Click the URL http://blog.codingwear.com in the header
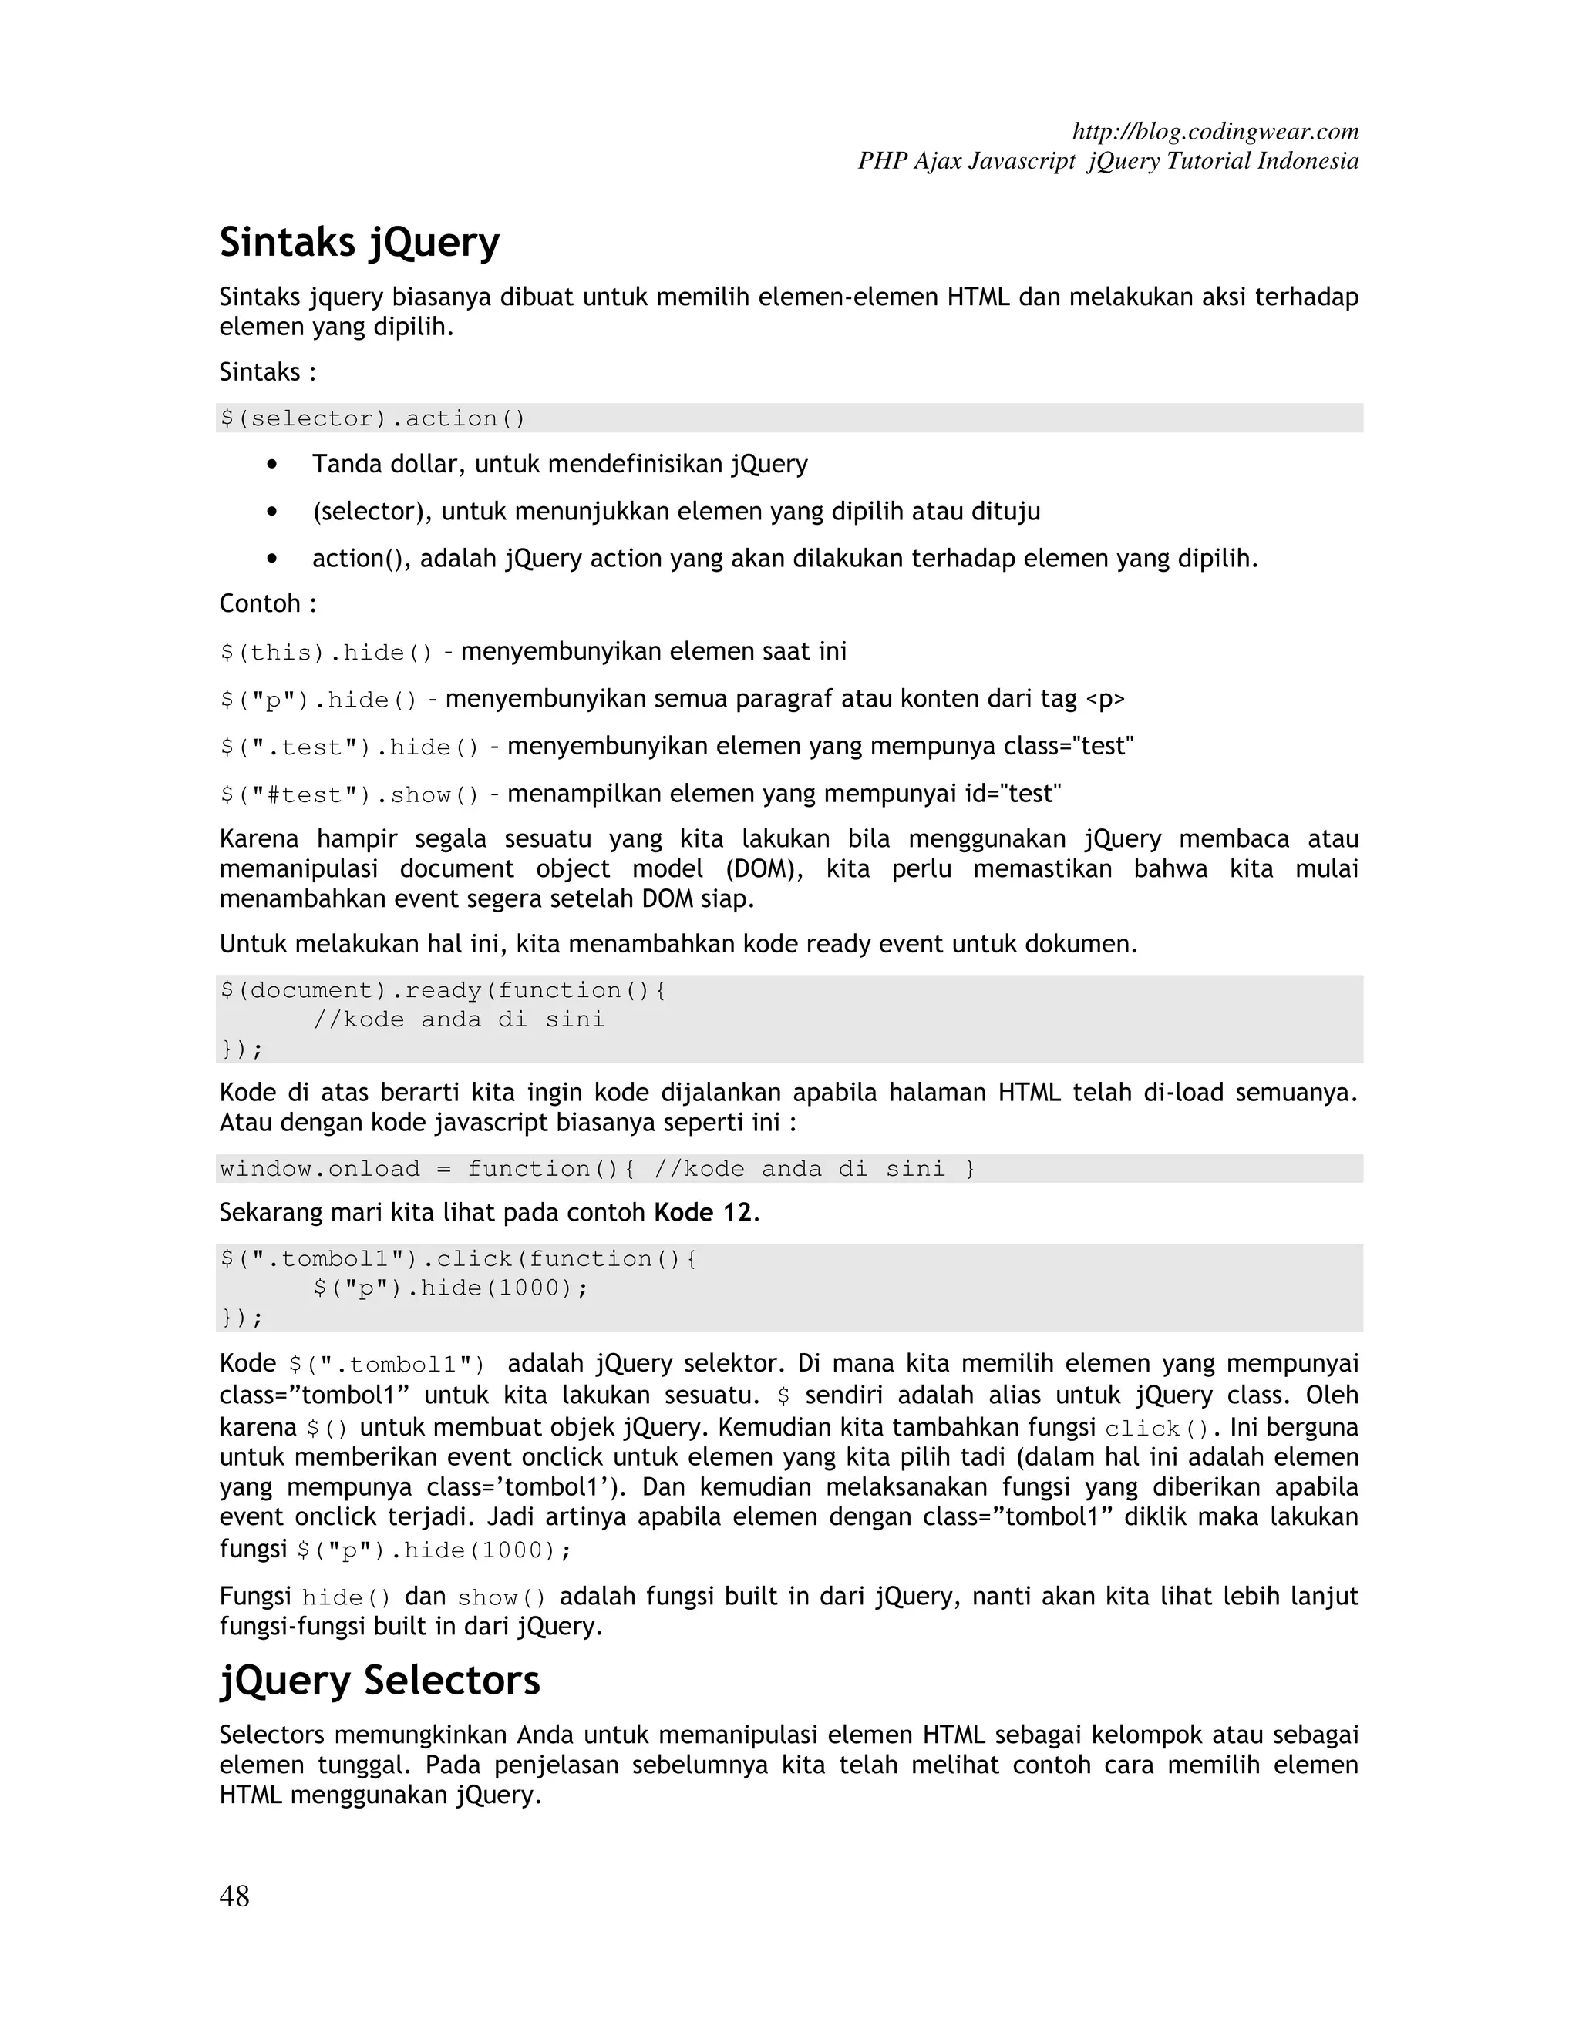click(x=1214, y=131)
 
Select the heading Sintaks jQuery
click(x=359, y=242)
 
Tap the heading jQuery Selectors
click(x=380, y=1680)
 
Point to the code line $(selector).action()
click(x=373, y=418)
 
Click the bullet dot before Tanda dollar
click(x=272, y=465)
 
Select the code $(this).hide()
click(x=326, y=653)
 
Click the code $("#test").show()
click(x=350, y=794)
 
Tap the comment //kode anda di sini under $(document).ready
click(x=459, y=1019)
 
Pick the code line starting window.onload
click(x=597, y=1169)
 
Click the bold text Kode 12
click(x=702, y=1213)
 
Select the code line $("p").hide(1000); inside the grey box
click(x=451, y=1288)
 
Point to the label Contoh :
click(x=268, y=604)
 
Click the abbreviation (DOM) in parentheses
click(x=764, y=868)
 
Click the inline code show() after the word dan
click(x=501, y=1598)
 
